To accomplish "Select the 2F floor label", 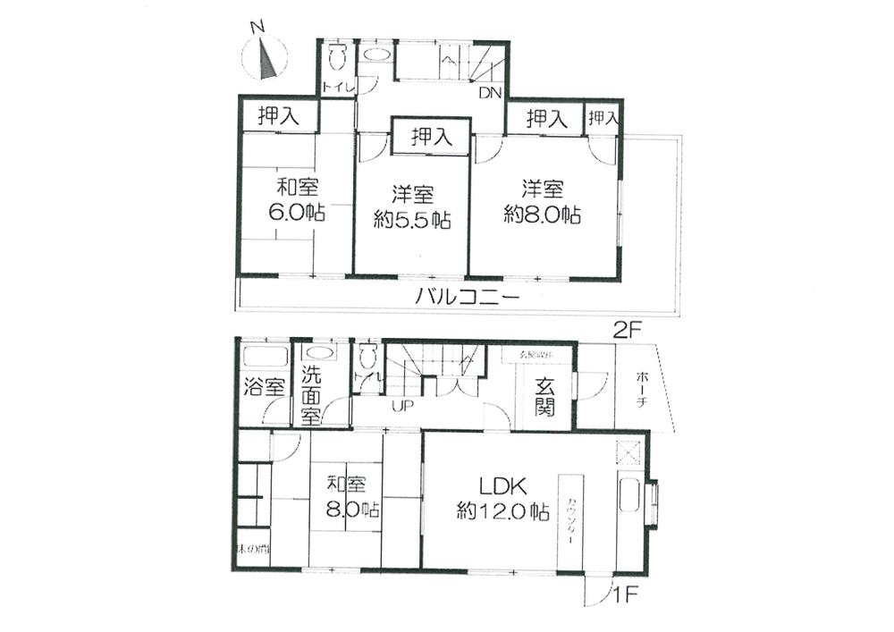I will pyautogui.click(x=628, y=329).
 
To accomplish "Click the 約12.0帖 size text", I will pyautogui.click(x=502, y=512).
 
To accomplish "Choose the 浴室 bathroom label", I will pyautogui.click(x=264, y=387).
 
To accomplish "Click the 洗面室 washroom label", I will pyautogui.click(x=311, y=396).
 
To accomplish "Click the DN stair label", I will pyautogui.click(x=491, y=92).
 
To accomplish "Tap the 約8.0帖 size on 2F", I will pyautogui.click(x=543, y=215).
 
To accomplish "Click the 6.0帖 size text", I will pyautogui.click(x=298, y=213).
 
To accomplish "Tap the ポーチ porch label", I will pyautogui.click(x=642, y=390).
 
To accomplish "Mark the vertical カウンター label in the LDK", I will pyautogui.click(x=569, y=520).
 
